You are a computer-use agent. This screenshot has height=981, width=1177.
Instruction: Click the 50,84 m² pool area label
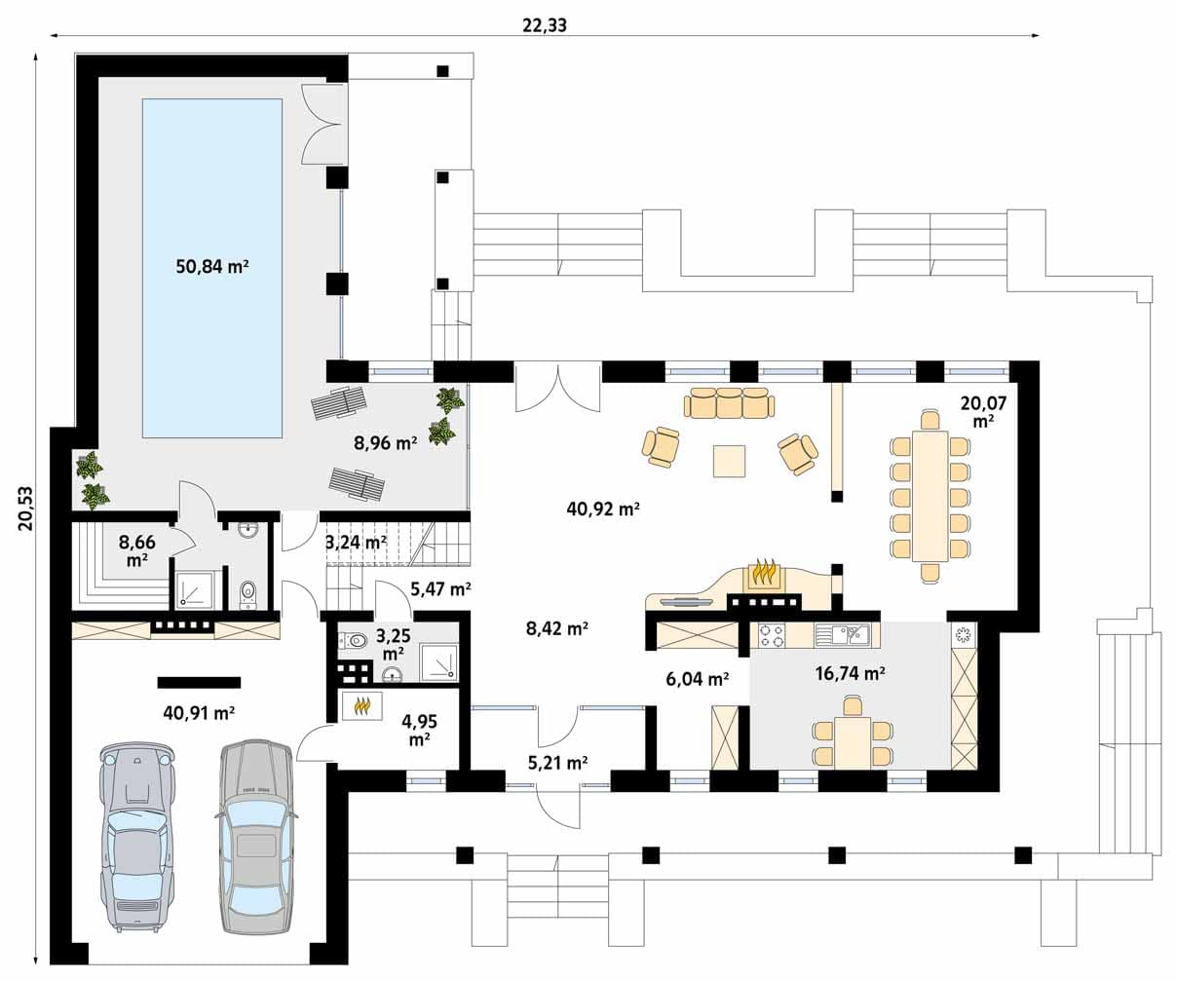[212, 266]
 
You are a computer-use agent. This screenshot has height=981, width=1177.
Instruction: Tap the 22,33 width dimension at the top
[544, 25]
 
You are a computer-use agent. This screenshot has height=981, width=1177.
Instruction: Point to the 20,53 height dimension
[26, 508]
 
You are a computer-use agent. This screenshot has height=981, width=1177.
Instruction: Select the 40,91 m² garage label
[199, 713]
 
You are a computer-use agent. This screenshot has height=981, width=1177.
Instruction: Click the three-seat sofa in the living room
[730, 402]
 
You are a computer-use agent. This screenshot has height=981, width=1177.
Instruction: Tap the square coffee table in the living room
[730, 461]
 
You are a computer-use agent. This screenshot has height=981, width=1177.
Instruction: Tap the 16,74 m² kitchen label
[850, 672]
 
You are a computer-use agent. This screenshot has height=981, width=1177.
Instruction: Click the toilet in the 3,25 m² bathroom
[353, 640]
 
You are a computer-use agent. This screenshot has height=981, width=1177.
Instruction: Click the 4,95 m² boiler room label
[419, 730]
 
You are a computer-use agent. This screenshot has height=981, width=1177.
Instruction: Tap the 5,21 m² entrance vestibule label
[558, 763]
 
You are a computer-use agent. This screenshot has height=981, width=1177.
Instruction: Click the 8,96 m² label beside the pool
[386, 443]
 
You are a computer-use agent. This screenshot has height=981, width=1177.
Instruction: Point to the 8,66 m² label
[137, 550]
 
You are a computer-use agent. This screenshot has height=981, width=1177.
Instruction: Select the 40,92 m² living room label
[603, 509]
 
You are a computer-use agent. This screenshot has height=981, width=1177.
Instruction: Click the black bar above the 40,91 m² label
[199, 682]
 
